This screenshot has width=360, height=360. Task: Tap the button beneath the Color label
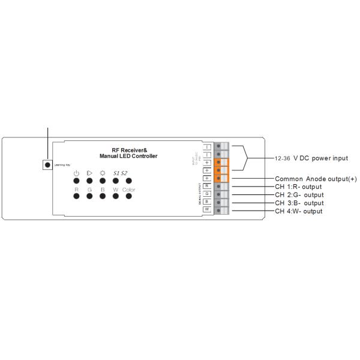click(128, 198)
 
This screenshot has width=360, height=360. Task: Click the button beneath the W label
click(115, 198)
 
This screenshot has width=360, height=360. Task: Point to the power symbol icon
click(76, 173)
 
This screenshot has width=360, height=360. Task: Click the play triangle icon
click(89, 173)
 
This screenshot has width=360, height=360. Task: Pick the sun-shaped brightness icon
click(103, 173)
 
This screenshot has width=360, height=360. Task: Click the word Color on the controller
click(128, 190)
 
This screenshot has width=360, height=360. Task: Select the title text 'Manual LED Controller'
click(128, 156)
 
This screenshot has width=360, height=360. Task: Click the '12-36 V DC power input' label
click(311, 158)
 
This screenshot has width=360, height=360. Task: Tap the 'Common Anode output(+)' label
click(316, 179)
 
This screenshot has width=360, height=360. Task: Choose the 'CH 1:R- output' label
click(298, 187)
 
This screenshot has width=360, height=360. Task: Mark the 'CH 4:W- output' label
click(299, 211)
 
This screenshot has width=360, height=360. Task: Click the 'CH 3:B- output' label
click(299, 203)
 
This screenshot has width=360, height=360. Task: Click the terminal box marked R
click(206, 186)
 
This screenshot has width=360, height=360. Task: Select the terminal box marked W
click(206, 210)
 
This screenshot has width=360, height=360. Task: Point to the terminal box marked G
click(206, 194)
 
